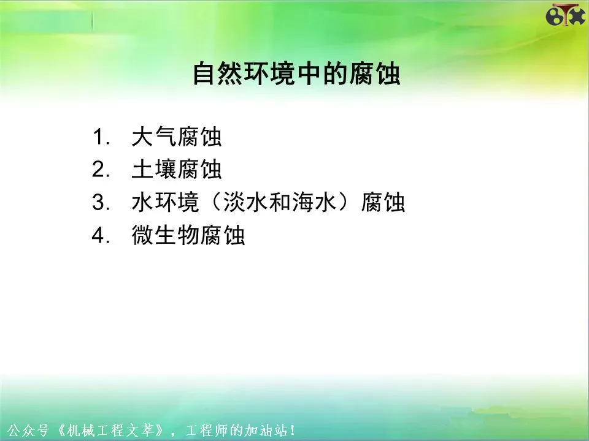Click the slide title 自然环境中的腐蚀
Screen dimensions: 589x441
(296, 74)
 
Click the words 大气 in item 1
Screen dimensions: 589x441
(154, 137)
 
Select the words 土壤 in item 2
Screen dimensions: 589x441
(154, 170)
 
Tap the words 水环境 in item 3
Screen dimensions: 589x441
(165, 203)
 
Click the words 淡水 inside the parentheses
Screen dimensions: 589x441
(245, 203)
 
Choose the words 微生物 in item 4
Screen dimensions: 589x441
(165, 235)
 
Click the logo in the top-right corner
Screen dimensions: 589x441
(565, 15)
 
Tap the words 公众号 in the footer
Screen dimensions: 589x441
(28, 430)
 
